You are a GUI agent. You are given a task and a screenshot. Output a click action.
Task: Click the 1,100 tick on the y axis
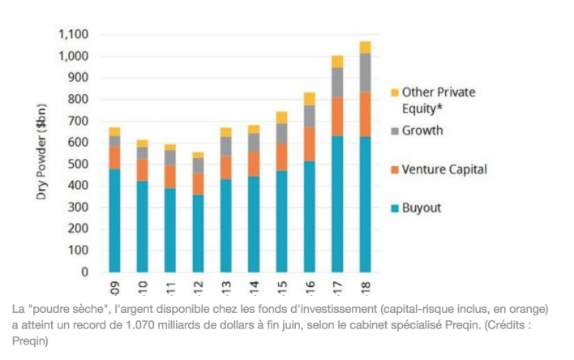74,35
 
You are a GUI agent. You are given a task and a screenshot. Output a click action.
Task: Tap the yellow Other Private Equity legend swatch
395,93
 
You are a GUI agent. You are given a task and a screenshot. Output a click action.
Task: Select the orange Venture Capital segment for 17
336,117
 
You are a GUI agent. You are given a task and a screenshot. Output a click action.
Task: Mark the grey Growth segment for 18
365,72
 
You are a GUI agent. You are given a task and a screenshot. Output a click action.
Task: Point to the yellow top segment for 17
336,62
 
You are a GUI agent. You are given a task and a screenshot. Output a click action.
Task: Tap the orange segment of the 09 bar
114,157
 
